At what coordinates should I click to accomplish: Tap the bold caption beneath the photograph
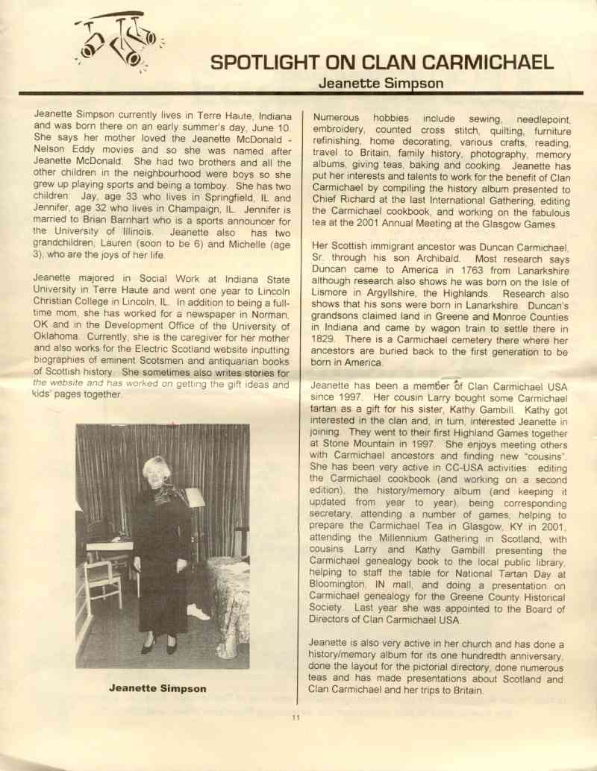coord(157,688)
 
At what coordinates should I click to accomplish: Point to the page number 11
coord(296,717)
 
